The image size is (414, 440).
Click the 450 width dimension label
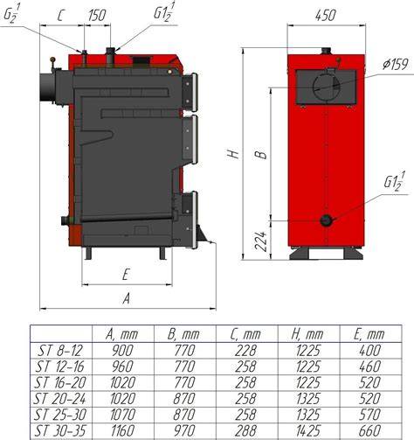[326, 15]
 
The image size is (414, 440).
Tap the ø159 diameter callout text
[396, 64]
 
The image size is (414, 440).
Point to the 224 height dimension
[261, 241]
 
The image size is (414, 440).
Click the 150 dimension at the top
[97, 16]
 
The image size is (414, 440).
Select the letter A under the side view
[126, 298]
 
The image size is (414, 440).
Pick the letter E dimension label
[125, 275]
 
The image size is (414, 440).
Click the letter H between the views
[233, 154]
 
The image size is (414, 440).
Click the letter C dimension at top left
[60, 16]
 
